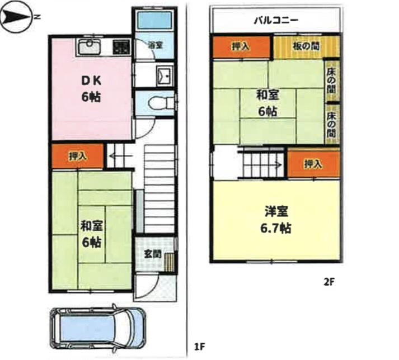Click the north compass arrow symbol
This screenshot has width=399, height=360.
[16, 17]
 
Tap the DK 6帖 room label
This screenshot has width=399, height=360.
[91, 89]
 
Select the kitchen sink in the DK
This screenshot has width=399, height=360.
[89, 46]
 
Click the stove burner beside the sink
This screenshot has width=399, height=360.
[121, 48]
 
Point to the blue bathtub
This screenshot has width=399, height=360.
[154, 20]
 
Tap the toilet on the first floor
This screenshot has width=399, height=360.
[161, 103]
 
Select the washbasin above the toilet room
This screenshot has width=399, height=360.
[165, 76]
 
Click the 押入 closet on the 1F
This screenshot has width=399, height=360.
[78, 157]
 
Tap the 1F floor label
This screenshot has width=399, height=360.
[199, 347]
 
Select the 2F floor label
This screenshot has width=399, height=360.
[328, 282]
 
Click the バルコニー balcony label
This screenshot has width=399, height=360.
[276, 20]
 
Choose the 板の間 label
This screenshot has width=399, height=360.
[306, 46]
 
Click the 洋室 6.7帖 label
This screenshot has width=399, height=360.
[276, 220]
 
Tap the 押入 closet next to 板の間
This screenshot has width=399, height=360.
[241, 47]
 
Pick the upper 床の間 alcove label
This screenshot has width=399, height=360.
[331, 80]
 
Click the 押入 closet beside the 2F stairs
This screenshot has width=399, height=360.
[314, 164]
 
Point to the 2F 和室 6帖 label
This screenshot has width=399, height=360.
[267, 103]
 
